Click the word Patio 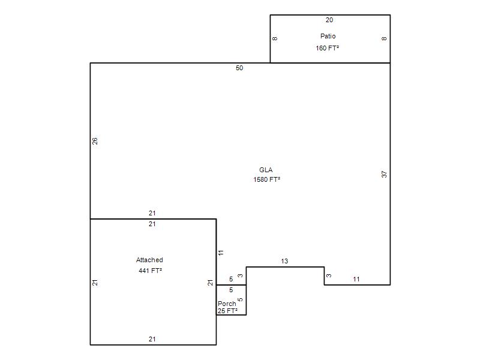coord(328,36)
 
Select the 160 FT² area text coord(327,48)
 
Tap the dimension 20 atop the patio coord(329,20)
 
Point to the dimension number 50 coord(239,68)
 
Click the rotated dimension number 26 coord(95,141)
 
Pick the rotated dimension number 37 coord(384,175)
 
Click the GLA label coord(266,170)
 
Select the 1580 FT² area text coord(266,179)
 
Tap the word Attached coord(149,260)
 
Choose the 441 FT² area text coord(150,271)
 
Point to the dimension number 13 coord(284,261)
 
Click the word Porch coord(227,304)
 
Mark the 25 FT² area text coord(227,311)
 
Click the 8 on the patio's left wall coord(275,38)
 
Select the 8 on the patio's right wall coord(384,38)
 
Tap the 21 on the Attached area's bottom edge coord(152,339)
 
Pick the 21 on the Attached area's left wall coord(95,283)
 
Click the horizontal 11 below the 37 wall coord(356,279)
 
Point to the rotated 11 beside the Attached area coord(221,253)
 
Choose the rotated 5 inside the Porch coord(241,299)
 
